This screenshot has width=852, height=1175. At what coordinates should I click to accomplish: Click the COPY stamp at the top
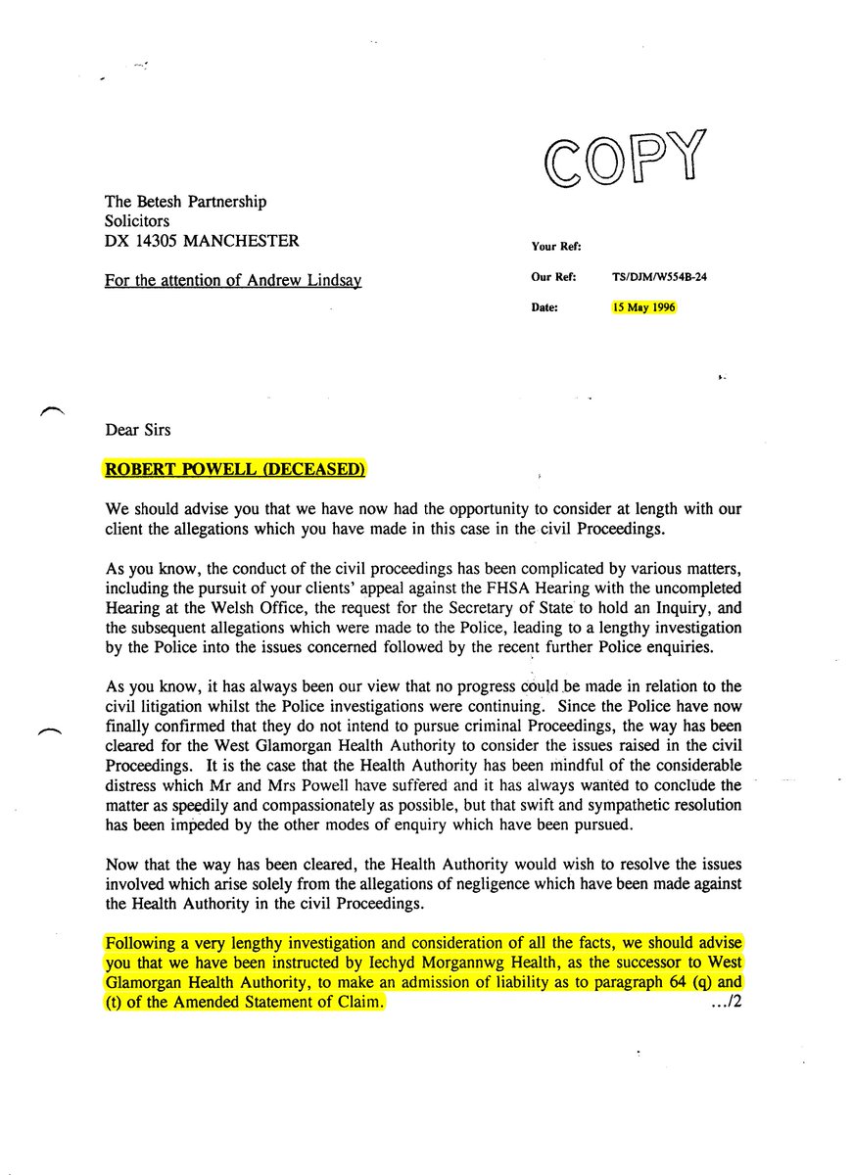coord(628,157)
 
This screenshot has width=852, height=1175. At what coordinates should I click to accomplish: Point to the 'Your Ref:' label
coord(556,247)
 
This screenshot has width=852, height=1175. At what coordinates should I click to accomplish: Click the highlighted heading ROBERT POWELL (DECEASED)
coord(235,469)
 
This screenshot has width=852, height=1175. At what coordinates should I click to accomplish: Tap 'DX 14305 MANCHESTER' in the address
coord(202,241)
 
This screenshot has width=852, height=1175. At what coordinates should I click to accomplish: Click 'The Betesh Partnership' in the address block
coord(185,203)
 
